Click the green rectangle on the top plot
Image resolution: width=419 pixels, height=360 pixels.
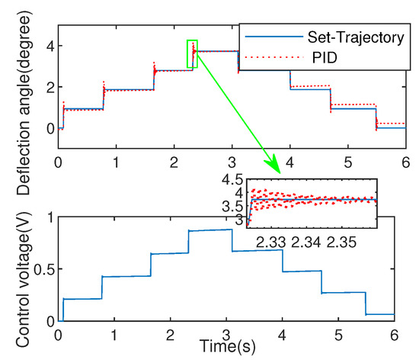(192, 53)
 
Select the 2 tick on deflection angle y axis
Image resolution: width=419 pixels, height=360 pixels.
(46, 86)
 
